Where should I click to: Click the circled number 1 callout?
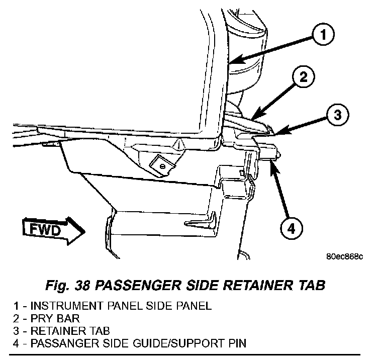click(323, 34)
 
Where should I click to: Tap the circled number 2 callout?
click(303, 77)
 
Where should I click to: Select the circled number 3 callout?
click(337, 115)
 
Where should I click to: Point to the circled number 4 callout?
click(292, 228)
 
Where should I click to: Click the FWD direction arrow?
click(54, 230)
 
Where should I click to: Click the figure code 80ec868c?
click(344, 256)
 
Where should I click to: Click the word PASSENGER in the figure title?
click(138, 286)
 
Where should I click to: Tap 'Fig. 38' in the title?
click(68, 286)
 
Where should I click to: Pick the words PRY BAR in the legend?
click(55, 319)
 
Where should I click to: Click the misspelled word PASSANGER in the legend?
click(65, 343)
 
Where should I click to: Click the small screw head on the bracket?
click(163, 166)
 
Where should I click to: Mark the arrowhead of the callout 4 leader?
click(275, 167)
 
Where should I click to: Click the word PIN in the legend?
click(236, 343)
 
